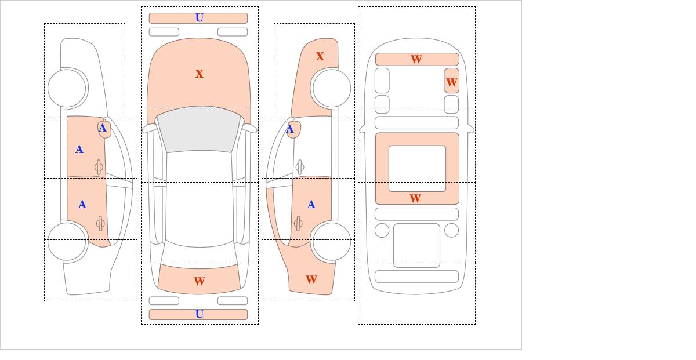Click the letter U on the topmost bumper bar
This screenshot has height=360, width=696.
[200, 18]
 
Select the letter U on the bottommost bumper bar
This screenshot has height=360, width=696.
[200, 314]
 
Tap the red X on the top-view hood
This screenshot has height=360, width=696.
[200, 74]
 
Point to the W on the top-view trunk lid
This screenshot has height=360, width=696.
[200, 281]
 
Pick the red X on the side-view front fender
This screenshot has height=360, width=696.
[320, 56]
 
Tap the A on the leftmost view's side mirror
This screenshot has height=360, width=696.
[103, 128]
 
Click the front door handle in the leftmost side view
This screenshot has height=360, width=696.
[99, 168]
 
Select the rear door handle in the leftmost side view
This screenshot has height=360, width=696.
[100, 223]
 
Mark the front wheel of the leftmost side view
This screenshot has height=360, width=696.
[67, 88]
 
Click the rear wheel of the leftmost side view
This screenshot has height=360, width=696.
[67, 241]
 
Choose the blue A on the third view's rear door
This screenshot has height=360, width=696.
[311, 205]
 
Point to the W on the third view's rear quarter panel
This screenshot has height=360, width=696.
[311, 279]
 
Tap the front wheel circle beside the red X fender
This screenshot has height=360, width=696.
[332, 88]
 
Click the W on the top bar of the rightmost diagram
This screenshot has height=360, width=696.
[416, 59]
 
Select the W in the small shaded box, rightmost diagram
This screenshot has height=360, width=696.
[451, 82]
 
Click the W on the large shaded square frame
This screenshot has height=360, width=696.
[415, 198]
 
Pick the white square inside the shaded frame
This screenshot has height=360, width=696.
[417, 168]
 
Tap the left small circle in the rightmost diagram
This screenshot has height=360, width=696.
[382, 230]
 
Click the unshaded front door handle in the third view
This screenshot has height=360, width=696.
[299, 168]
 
